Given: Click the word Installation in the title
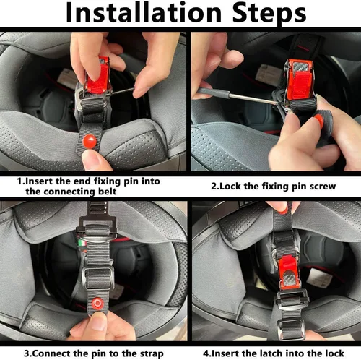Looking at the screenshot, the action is point(143,12).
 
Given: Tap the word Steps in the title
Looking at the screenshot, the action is point(269,14).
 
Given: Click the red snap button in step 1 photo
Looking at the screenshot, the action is point(90,141).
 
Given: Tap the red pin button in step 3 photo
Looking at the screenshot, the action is point(97,304).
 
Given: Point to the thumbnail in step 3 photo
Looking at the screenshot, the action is point(98,322).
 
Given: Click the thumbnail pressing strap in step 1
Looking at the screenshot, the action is point(90,157).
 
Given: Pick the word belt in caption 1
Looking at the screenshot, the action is point(108,192).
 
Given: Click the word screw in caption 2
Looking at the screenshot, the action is point(323,187).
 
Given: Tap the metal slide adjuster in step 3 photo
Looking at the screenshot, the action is point(97,278).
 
